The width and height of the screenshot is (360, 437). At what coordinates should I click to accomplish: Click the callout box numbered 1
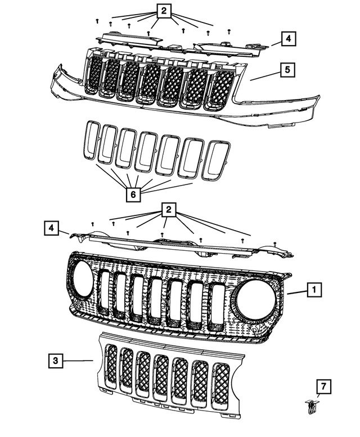(314, 290)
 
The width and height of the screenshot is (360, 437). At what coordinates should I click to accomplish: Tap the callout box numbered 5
(287, 70)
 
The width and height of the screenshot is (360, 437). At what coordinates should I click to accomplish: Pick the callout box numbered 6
(133, 195)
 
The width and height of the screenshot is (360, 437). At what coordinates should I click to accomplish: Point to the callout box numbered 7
(323, 386)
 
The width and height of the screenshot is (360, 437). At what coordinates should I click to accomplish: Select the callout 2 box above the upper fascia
(164, 11)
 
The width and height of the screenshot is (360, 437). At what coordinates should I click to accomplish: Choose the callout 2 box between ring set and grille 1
(168, 210)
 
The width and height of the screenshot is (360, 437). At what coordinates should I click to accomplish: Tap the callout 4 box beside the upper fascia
(287, 39)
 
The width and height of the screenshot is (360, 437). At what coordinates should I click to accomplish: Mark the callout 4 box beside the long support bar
(51, 228)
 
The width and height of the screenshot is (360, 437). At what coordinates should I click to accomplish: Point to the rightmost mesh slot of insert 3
(221, 383)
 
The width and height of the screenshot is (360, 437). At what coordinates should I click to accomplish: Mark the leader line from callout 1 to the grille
(296, 292)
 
